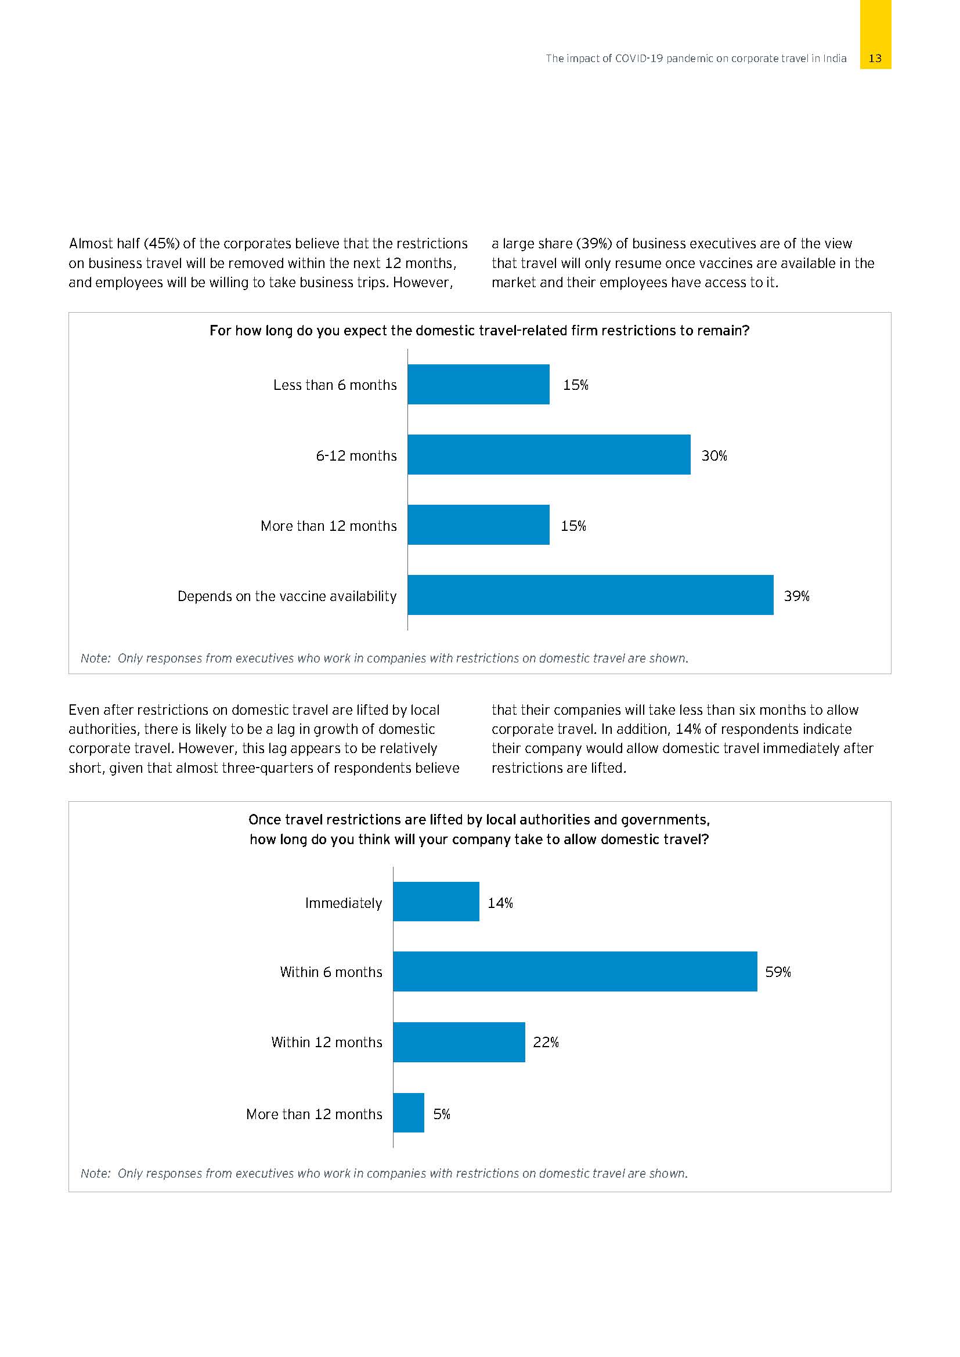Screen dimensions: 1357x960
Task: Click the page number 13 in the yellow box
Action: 875,59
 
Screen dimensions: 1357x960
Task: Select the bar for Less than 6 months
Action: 478,384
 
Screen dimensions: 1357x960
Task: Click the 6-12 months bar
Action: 548,454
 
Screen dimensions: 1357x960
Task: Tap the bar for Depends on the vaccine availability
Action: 590,595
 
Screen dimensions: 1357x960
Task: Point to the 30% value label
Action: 714,455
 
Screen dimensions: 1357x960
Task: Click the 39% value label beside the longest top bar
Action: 796,596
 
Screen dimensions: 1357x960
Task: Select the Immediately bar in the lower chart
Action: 436,902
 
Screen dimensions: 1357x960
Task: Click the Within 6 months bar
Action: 575,972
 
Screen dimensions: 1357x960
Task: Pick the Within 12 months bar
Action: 459,1042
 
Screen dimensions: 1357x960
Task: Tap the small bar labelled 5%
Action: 409,1113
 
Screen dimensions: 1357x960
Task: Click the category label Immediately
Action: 343,903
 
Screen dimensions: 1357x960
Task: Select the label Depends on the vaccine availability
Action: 287,596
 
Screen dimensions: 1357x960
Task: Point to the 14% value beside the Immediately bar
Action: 500,903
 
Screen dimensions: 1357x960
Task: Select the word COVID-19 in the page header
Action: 639,59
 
